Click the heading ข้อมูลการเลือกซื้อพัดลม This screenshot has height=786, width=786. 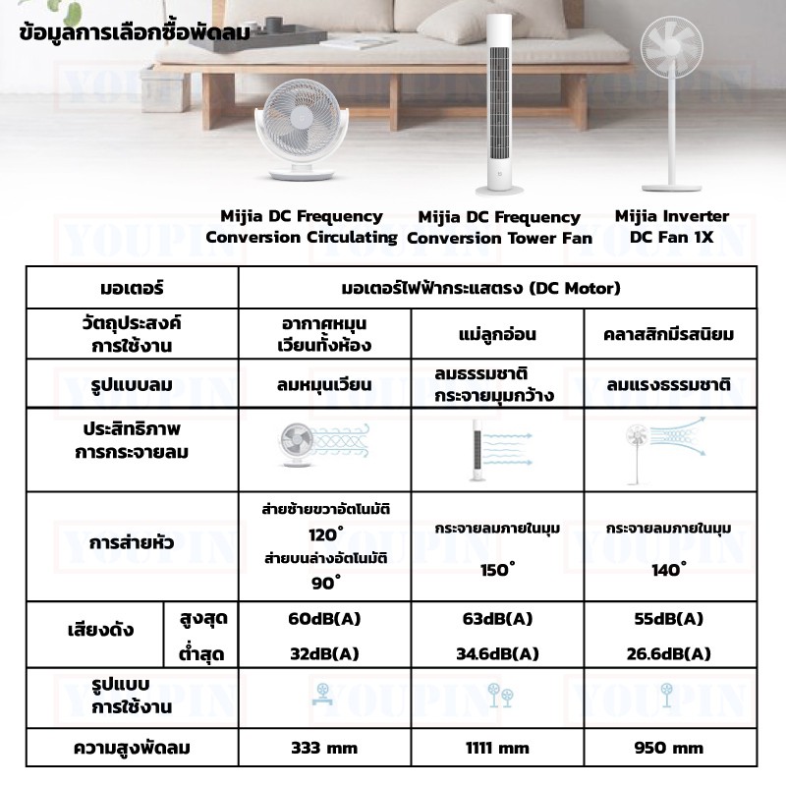(x=135, y=30)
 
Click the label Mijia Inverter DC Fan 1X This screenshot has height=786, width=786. (x=672, y=226)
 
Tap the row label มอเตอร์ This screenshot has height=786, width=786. (x=132, y=289)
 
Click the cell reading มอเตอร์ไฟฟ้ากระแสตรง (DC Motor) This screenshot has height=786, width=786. (x=496, y=289)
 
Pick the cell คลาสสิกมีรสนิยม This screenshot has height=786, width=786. (x=671, y=334)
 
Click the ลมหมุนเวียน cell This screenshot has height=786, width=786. (x=323, y=384)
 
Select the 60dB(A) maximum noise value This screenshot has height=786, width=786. (x=323, y=619)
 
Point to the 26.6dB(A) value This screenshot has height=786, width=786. (x=671, y=652)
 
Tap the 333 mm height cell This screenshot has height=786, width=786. (x=323, y=748)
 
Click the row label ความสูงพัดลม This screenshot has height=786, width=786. (x=132, y=748)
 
